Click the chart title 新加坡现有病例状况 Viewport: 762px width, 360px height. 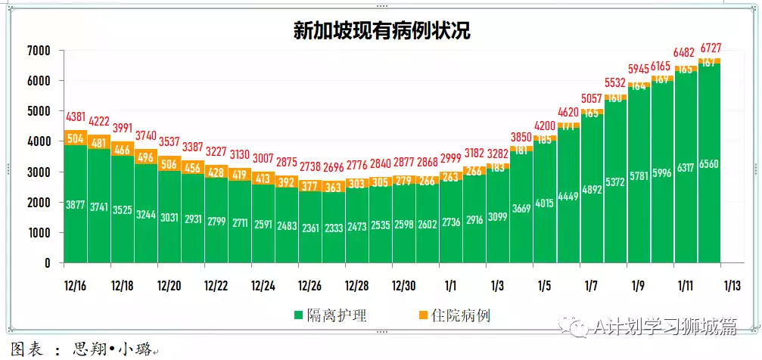(x=381, y=30)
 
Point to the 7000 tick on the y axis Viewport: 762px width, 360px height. (x=38, y=51)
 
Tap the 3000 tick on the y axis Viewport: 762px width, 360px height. (x=38, y=172)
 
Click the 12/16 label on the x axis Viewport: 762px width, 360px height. (x=76, y=286)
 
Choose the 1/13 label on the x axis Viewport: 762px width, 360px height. (x=732, y=286)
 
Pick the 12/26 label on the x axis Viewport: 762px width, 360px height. (x=310, y=286)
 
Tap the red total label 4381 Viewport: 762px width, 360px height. (x=76, y=118)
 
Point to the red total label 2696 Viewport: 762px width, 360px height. (x=334, y=167)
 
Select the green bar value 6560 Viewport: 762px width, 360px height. (x=710, y=164)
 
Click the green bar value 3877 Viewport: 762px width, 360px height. (x=76, y=205)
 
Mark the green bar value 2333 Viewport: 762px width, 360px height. (x=334, y=205)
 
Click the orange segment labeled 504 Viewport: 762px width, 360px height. (x=76, y=138)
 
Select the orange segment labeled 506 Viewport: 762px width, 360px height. (x=170, y=164)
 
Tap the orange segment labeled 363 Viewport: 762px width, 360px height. (x=334, y=187)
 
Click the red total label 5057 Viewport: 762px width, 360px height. (x=591, y=98)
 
